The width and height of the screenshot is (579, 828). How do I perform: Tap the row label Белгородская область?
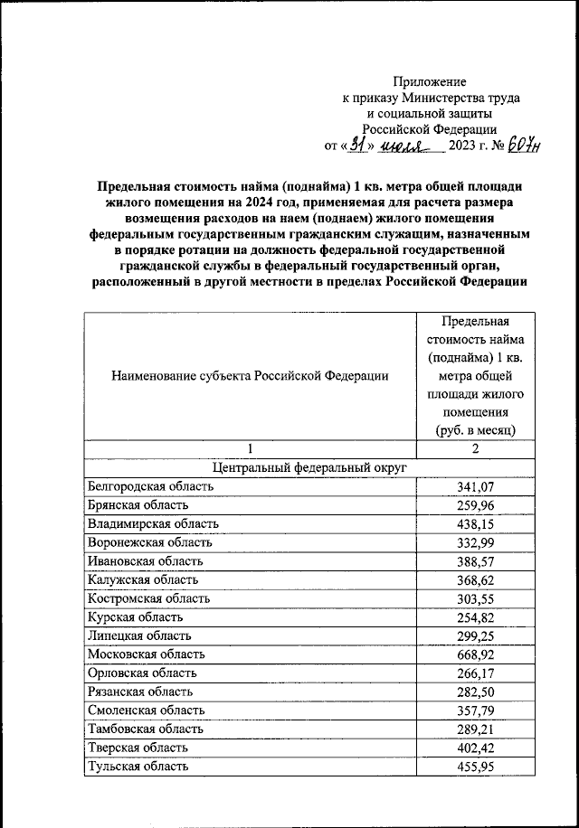pyautogui.click(x=150, y=486)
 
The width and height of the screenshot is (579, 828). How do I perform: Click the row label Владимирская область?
pyautogui.click(x=153, y=523)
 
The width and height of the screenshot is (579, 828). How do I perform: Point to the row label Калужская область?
pyautogui.click(x=143, y=579)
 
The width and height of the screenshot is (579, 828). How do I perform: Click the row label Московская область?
pyautogui.click(x=147, y=654)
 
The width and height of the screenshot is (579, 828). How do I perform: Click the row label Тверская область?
pyautogui.click(x=138, y=748)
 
